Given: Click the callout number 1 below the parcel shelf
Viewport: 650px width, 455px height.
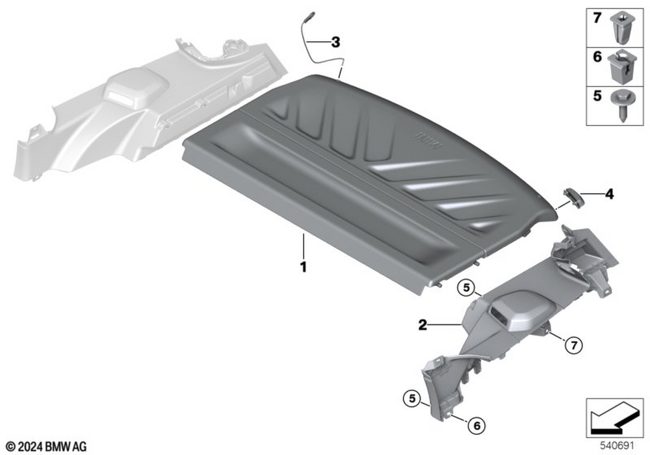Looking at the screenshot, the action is tap(304, 267).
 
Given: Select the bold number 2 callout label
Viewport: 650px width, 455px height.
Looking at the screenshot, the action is tap(422, 325).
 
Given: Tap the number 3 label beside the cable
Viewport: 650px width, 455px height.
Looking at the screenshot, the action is tap(335, 42).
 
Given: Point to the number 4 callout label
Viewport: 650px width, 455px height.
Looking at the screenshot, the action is tap(609, 194).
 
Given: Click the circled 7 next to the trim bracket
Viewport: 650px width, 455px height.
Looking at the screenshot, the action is tap(574, 344).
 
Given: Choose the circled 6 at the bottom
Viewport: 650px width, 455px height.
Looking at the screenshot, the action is tap(476, 425).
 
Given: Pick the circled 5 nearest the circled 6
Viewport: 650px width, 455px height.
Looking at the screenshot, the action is tap(412, 398).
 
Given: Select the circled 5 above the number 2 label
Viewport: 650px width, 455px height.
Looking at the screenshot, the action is tap(466, 287).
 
